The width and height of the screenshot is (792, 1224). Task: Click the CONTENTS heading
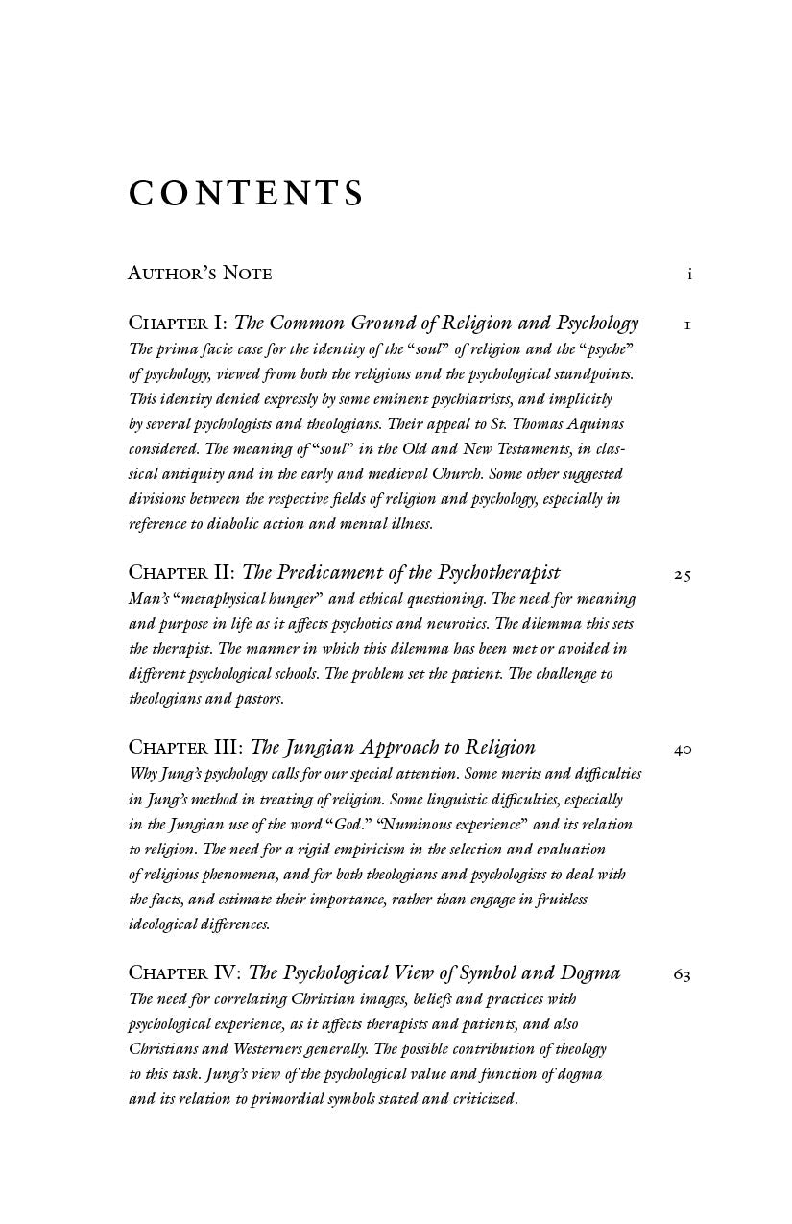tap(246, 193)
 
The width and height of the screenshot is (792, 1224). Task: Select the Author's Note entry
tap(200, 274)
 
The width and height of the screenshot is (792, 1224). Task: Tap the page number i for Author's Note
tap(689, 275)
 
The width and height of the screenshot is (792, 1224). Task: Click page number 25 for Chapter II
tap(682, 575)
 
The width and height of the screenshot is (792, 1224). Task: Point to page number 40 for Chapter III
tap(682, 750)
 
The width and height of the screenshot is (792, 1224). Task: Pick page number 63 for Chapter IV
tap(682, 975)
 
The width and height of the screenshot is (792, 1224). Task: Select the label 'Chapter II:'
tap(181, 573)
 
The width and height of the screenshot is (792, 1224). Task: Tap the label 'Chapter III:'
tap(185, 748)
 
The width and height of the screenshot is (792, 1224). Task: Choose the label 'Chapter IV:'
tap(185, 973)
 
